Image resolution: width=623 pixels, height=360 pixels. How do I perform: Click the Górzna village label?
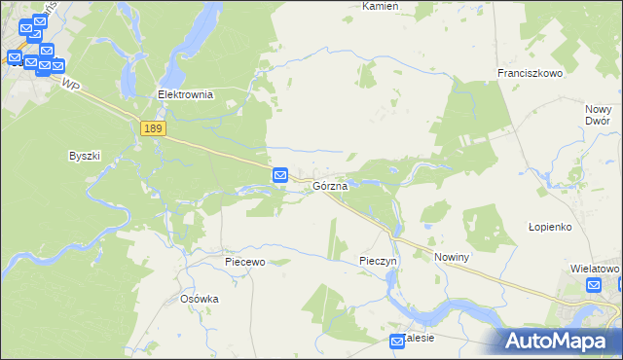point(331,185)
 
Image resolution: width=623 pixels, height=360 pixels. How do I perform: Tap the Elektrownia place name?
point(185,95)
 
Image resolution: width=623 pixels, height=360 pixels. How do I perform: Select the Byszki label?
point(85,156)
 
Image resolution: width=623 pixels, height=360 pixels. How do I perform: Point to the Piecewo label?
point(244,262)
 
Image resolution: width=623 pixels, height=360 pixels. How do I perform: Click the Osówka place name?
point(200,299)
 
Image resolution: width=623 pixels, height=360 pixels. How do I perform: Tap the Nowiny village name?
point(453,257)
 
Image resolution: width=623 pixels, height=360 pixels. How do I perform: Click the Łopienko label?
point(549,226)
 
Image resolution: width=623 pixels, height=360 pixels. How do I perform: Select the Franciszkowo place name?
point(531,73)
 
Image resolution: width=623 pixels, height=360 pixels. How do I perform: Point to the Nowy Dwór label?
point(598,115)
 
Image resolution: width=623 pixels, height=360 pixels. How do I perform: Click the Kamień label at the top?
point(381,6)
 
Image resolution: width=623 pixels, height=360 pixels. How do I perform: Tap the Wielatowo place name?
point(595,268)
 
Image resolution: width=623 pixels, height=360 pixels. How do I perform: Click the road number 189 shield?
point(153,128)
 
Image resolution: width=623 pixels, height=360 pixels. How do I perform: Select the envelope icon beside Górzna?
point(280,175)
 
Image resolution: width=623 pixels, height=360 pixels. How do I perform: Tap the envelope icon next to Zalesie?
point(397,342)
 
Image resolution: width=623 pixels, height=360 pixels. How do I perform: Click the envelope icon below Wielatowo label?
point(594,285)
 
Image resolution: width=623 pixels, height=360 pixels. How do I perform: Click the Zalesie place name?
point(420,338)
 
